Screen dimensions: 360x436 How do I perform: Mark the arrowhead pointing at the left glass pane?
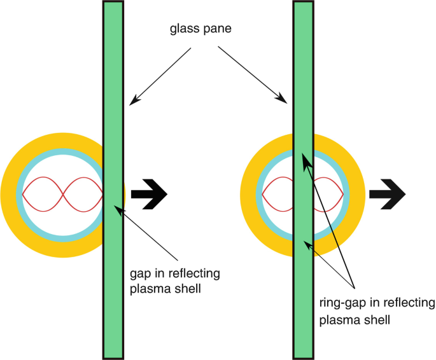click(x=132, y=102)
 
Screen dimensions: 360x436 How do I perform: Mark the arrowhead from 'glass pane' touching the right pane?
click(x=285, y=99)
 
